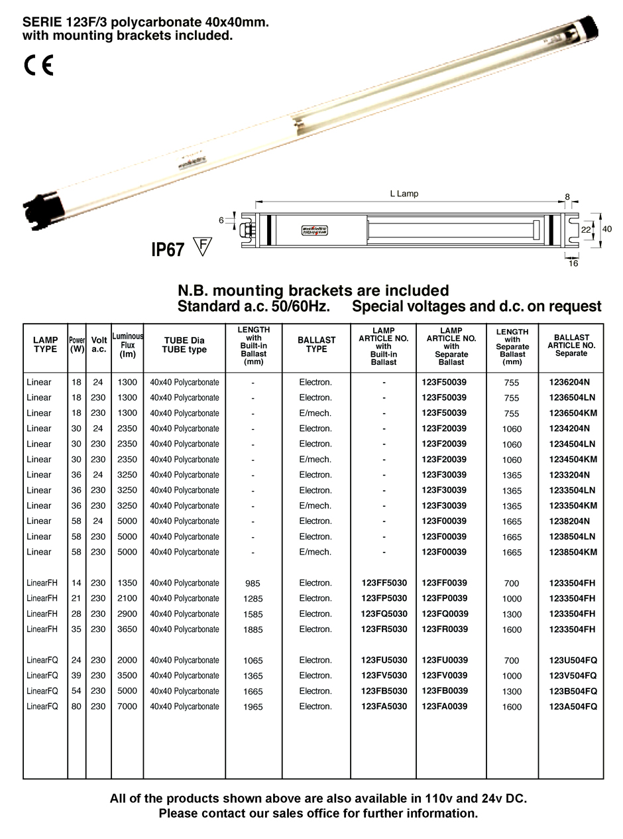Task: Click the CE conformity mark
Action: pyautogui.click(x=38, y=65)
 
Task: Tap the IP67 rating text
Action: pyautogui.click(x=168, y=249)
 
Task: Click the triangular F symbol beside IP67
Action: pyautogui.click(x=202, y=246)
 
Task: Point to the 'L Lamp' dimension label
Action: pyautogui.click(x=404, y=194)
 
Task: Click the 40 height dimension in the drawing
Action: pyautogui.click(x=606, y=229)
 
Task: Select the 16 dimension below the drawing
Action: pyautogui.click(x=573, y=263)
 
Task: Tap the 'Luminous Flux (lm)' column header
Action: pyautogui.click(x=127, y=346)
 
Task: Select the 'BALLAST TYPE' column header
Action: pyautogui.click(x=316, y=345)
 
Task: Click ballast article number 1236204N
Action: pyautogui.click(x=569, y=382)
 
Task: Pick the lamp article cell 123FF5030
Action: pyautogui.click(x=384, y=583)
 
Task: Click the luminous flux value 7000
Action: pyautogui.click(x=127, y=706)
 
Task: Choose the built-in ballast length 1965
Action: pyautogui.click(x=253, y=707)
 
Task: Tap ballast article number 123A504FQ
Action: pyautogui.click(x=573, y=706)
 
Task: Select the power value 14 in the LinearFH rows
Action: pyautogui.click(x=76, y=583)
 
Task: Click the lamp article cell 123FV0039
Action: pyautogui.click(x=445, y=675)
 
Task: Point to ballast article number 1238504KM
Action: pyautogui.click(x=573, y=552)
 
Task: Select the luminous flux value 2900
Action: pyautogui.click(x=127, y=613)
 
